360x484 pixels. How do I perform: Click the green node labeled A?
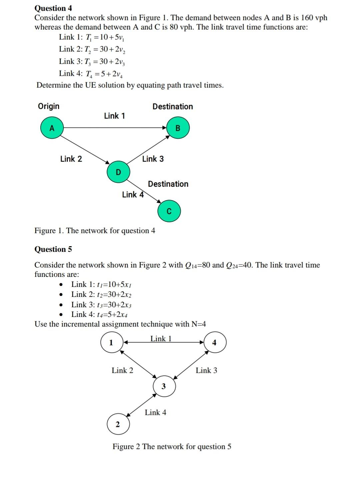point(52,127)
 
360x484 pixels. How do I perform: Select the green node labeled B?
point(178,128)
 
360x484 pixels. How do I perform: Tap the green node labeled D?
point(118,172)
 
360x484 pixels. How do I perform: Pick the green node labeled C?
point(169,211)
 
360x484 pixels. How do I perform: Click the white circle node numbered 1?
point(111,342)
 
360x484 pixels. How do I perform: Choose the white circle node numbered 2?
point(118,425)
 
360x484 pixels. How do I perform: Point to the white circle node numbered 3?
point(164,386)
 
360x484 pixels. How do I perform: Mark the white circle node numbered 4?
point(214,342)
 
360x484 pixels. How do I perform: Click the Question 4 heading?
point(53,8)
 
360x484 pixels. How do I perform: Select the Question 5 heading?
point(53,249)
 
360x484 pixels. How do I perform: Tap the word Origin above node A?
point(49,106)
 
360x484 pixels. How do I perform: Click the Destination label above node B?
point(173,106)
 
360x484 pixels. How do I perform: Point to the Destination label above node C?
point(168,184)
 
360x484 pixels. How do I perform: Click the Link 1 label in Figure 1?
point(114,116)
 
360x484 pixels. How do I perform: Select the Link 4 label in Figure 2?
point(155,413)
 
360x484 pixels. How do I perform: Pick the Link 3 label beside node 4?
point(206,370)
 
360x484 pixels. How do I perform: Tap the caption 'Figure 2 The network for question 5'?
point(172,447)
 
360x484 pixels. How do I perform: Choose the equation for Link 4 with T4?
point(91,74)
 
